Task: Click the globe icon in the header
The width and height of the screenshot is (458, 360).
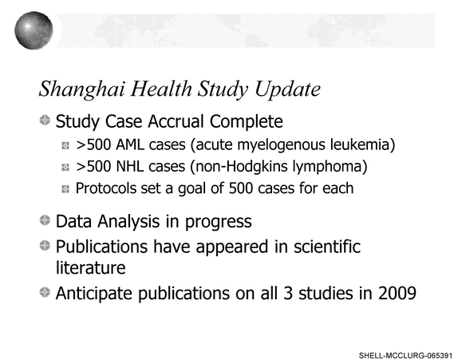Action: (34, 30)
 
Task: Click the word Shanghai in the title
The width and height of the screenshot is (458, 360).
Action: (82, 89)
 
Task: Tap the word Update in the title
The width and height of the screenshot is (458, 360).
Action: (288, 89)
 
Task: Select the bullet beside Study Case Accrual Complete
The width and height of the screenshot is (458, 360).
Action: (45, 120)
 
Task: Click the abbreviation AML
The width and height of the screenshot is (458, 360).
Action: (130, 144)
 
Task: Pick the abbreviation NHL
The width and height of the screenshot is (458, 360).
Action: (130, 166)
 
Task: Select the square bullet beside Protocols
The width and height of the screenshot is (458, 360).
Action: (65, 189)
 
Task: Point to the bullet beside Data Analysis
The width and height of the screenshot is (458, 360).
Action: (45, 220)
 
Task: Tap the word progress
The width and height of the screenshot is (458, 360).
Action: (218, 222)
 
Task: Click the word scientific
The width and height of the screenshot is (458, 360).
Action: (327, 247)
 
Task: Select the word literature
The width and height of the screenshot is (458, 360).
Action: (90, 267)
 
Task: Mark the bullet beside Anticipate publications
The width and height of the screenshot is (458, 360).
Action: (45, 292)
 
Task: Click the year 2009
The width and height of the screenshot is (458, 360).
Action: (397, 293)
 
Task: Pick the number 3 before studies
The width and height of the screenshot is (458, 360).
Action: (288, 293)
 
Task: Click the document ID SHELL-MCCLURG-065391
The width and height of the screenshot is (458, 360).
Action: (405, 356)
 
